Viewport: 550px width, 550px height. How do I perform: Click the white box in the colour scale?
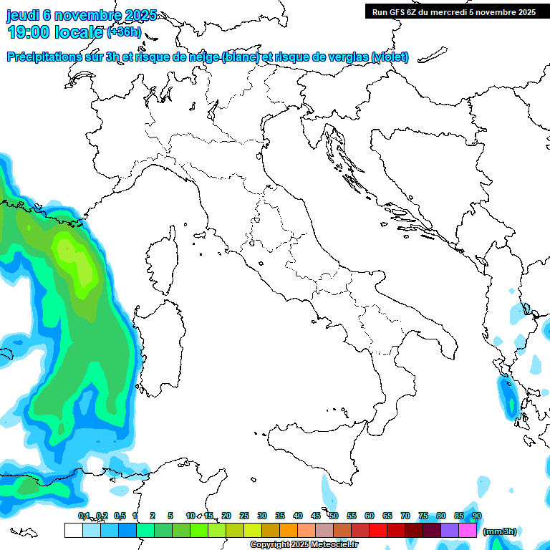pos(73,530)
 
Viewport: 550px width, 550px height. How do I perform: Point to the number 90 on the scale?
pos(477,516)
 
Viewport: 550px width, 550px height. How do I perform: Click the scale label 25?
pos(243,516)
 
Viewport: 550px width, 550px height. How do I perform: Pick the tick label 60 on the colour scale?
pos(370,516)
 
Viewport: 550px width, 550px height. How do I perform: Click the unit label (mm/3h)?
pos(499,531)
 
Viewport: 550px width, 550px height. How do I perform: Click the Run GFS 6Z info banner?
pos(454,11)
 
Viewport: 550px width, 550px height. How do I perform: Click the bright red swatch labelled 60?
pos(378,530)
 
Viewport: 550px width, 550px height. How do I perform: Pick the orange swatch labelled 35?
pos(289,530)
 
